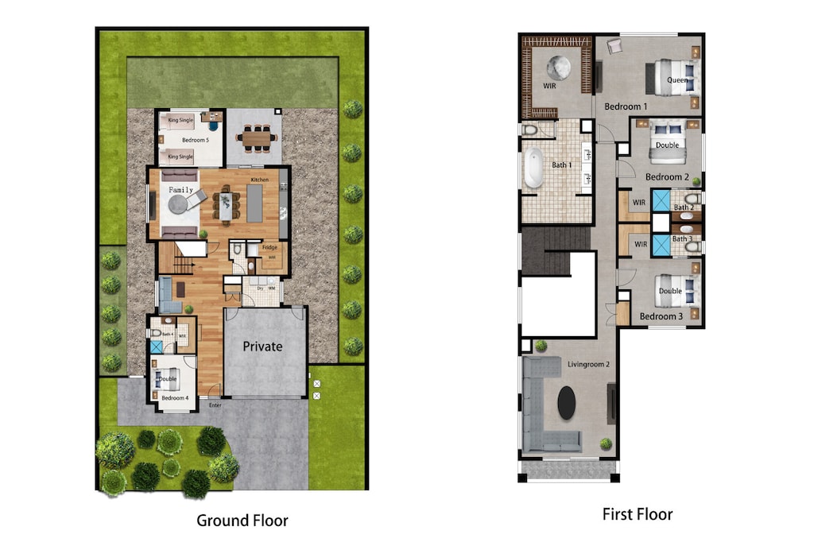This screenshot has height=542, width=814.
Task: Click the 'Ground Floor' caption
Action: point(242,521)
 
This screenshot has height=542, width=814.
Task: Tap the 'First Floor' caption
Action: point(638,515)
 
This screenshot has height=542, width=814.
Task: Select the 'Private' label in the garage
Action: point(262,346)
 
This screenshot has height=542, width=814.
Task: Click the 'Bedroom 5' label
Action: point(195,140)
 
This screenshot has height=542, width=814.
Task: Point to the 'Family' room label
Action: point(180,190)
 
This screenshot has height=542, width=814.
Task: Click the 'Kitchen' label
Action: point(260,180)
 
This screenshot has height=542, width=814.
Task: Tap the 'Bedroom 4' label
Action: point(175,398)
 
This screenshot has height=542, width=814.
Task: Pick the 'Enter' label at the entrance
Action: point(215,406)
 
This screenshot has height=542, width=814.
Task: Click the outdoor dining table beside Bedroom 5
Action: point(255,138)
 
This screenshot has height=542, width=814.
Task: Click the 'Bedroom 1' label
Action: point(626,106)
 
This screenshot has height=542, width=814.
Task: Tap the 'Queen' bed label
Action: point(677,80)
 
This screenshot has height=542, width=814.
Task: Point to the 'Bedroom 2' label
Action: point(666,177)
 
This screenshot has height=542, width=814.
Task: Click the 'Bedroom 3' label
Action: point(661,316)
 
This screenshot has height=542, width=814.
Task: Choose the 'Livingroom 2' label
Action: point(588,365)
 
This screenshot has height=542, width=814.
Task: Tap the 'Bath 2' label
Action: point(683,208)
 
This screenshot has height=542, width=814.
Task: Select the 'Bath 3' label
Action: point(682,238)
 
